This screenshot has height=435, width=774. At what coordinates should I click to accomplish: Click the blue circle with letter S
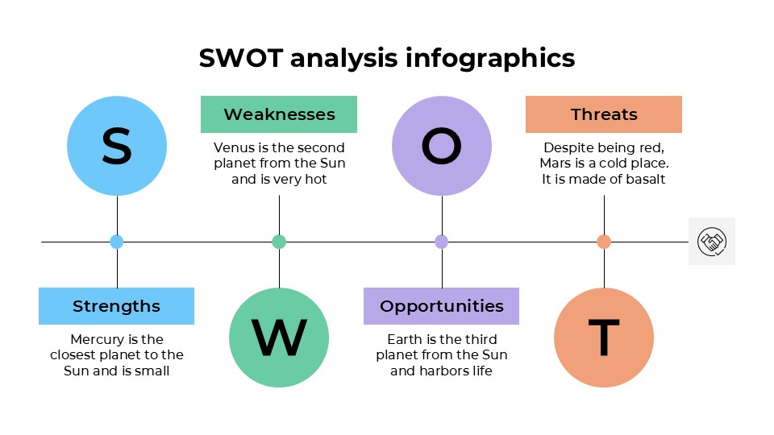(x=117, y=146)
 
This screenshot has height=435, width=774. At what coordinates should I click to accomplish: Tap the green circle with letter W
(x=279, y=338)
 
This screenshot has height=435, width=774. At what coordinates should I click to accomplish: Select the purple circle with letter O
(x=442, y=146)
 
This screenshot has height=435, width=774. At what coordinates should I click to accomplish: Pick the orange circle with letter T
(x=604, y=338)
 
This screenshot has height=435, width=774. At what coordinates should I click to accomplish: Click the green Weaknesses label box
(x=279, y=114)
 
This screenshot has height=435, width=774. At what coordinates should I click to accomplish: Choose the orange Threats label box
(x=604, y=114)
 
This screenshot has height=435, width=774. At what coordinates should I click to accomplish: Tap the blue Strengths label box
(x=117, y=306)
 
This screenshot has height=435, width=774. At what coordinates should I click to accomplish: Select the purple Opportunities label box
(x=442, y=306)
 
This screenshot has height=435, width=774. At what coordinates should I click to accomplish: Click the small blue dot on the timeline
(x=117, y=242)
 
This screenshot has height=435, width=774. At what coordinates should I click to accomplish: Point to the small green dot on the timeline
(x=279, y=242)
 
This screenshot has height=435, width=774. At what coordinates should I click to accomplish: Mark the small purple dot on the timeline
(x=442, y=242)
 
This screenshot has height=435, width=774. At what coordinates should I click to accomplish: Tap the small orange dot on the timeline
(x=604, y=242)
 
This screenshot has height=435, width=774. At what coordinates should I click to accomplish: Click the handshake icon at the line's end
(x=712, y=241)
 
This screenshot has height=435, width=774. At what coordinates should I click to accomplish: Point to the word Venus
(x=232, y=148)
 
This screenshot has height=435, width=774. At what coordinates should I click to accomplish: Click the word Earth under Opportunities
(x=405, y=340)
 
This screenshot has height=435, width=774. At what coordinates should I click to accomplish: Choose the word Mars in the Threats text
(x=556, y=164)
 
